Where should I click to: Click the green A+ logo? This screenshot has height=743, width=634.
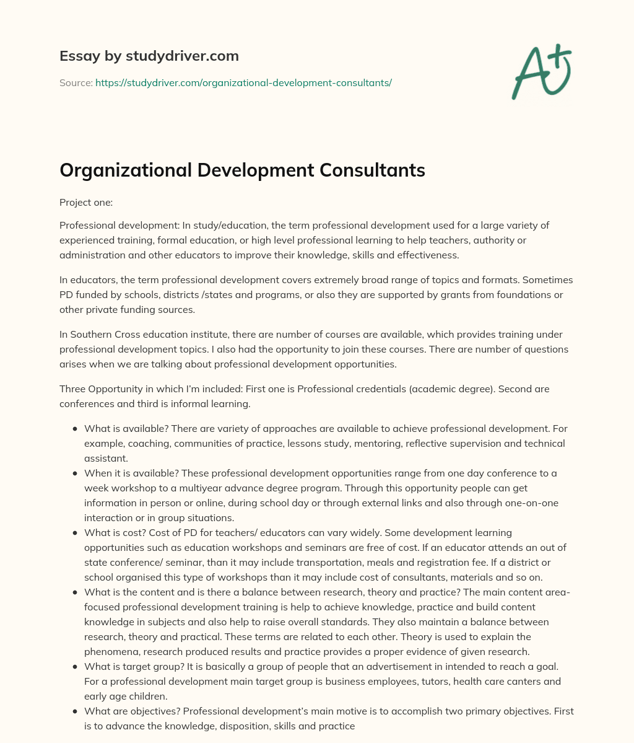(x=541, y=72)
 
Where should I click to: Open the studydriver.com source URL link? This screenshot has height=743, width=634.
(x=243, y=82)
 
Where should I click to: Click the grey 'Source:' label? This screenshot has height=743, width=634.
(x=76, y=82)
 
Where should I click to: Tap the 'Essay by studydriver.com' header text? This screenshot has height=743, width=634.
(x=149, y=56)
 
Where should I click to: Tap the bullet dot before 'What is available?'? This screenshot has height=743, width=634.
(x=75, y=429)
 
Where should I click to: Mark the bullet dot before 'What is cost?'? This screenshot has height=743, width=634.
(x=75, y=533)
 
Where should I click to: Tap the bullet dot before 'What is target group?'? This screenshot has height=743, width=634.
(x=75, y=667)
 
